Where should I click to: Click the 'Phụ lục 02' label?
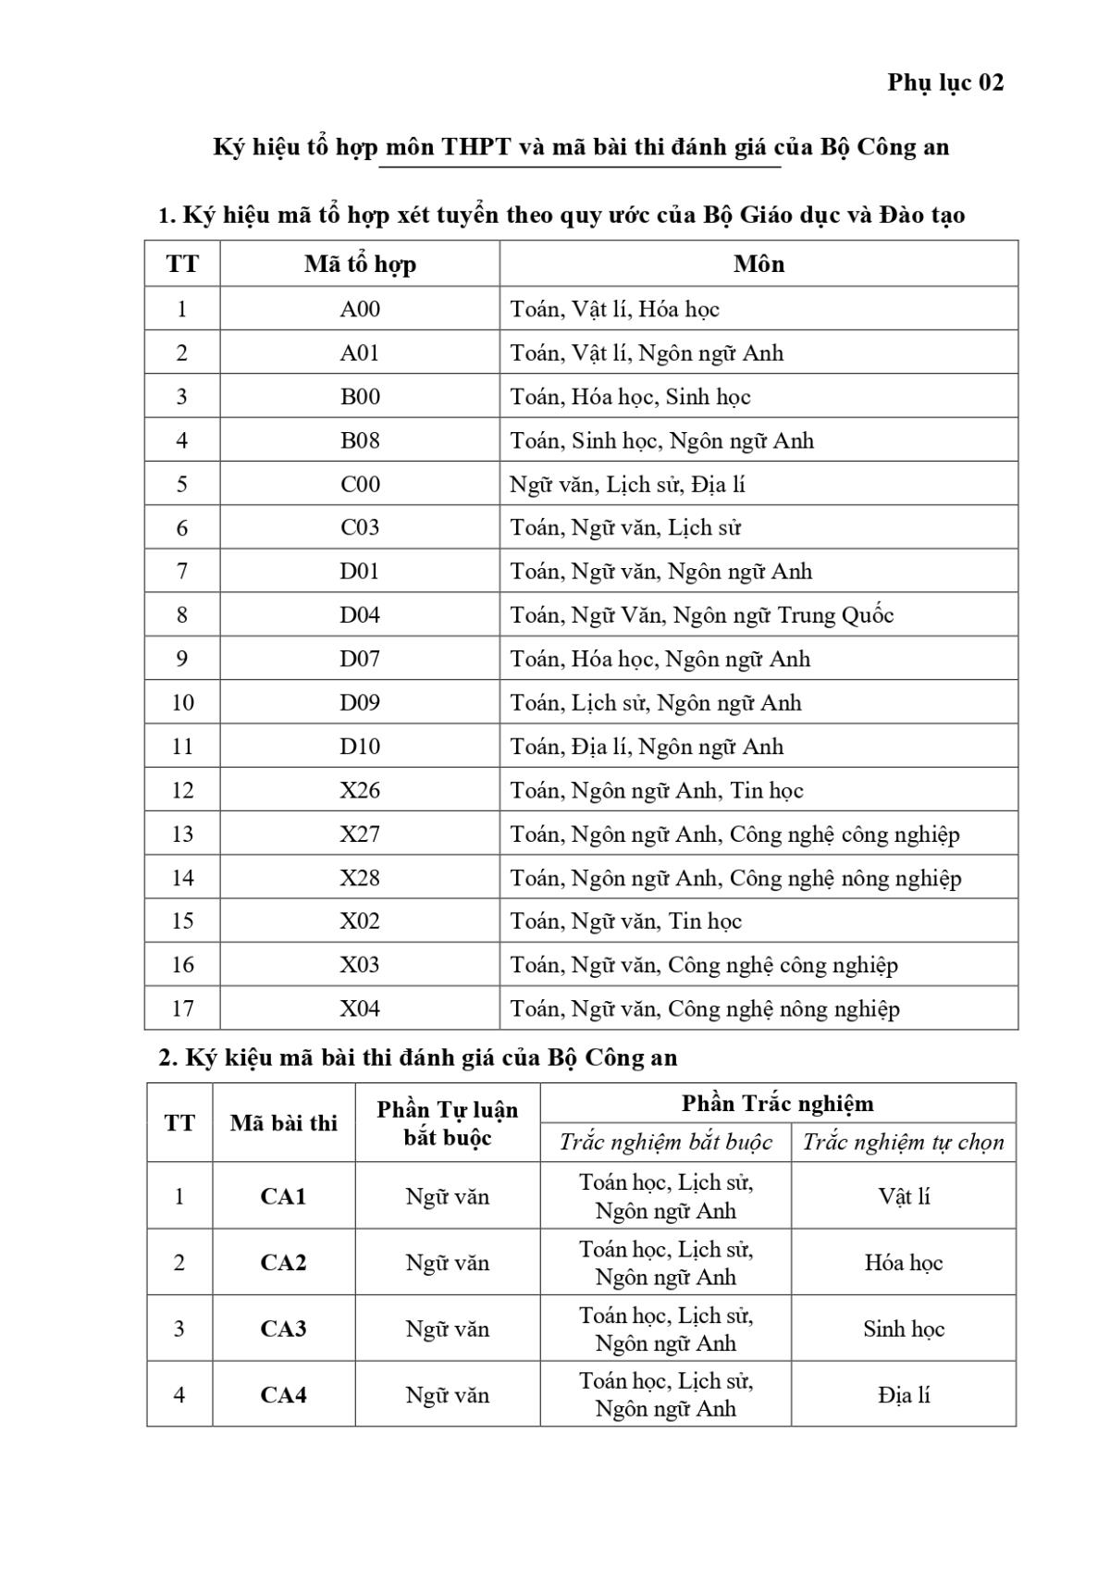coord(944,83)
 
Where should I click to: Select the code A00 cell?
coord(360,309)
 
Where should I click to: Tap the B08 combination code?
coord(360,440)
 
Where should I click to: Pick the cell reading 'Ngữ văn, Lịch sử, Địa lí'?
coord(627,484)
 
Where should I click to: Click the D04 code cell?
coord(360,615)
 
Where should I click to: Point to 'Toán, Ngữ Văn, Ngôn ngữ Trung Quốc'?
coord(701,615)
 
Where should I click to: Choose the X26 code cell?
coord(360,790)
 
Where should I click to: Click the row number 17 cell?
coord(182,1008)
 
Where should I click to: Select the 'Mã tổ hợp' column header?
coord(360,265)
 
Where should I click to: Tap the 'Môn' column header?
coord(758,265)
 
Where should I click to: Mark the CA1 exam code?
coord(283,1196)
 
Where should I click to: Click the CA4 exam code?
coord(283,1394)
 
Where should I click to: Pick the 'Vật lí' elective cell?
coord(904,1196)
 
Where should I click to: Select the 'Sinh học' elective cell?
coord(904,1329)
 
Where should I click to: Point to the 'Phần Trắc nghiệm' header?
coord(777,1104)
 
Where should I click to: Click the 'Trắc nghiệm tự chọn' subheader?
coord(903,1143)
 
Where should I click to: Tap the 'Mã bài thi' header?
coord(283,1123)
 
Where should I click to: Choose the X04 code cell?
coord(360,1008)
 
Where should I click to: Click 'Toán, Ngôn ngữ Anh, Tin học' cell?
coord(657,790)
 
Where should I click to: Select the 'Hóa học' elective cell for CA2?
coord(904,1263)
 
